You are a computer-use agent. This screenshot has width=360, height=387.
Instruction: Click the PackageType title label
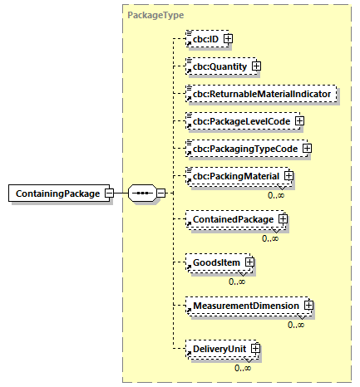[155, 15]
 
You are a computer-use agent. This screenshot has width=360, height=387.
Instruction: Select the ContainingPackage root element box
[56, 193]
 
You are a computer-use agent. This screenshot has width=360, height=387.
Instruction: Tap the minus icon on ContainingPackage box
[109, 193]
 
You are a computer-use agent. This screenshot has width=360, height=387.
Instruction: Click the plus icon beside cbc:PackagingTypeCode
[307, 149]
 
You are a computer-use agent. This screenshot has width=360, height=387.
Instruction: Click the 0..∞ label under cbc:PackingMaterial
[276, 194]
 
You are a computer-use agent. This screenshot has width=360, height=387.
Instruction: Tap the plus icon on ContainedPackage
[283, 220]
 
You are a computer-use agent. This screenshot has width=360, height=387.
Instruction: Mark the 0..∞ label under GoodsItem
[237, 281]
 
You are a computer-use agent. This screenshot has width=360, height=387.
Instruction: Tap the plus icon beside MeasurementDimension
[308, 306]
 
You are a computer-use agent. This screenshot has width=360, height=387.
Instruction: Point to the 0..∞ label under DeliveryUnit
[243, 367]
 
